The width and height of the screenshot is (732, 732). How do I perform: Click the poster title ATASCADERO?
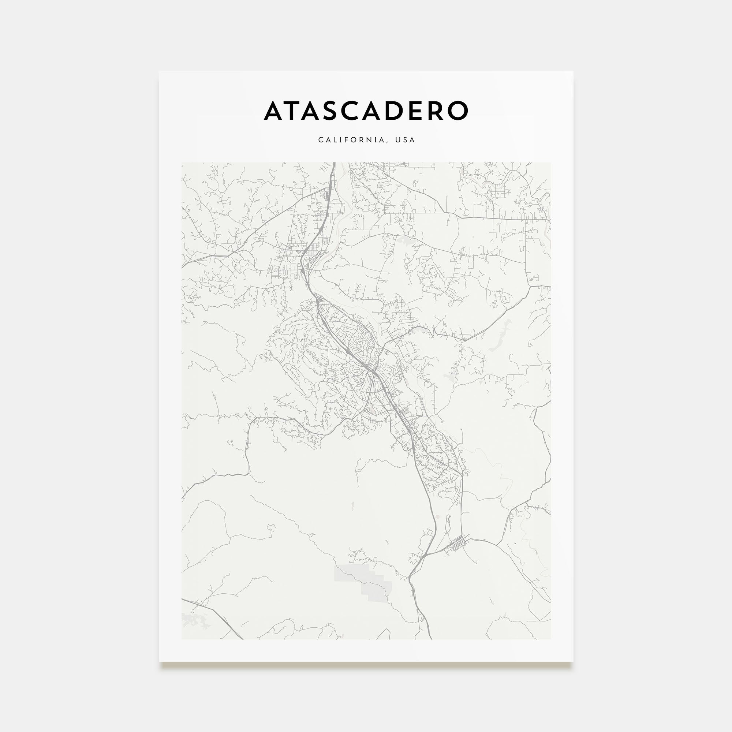[x=366, y=111]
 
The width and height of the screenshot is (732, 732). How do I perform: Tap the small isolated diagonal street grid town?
[x=456, y=545]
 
